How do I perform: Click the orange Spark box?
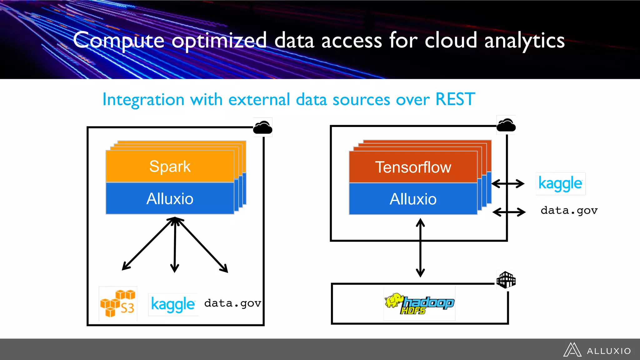(170, 166)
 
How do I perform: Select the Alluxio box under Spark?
(170, 199)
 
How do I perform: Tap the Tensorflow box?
(413, 167)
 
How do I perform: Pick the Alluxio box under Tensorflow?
(413, 199)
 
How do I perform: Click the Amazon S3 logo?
(118, 303)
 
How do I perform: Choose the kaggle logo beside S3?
(173, 304)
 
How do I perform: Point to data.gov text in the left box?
(232, 303)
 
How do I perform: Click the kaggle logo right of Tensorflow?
(560, 183)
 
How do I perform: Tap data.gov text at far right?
(569, 211)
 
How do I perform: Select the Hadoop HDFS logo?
(419, 303)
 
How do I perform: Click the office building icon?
(506, 280)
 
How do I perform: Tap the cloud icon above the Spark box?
(262, 127)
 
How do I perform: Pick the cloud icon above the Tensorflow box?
(506, 125)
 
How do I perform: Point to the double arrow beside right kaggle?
(508, 183)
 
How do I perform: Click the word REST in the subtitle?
(455, 99)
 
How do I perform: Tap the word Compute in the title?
(119, 41)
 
